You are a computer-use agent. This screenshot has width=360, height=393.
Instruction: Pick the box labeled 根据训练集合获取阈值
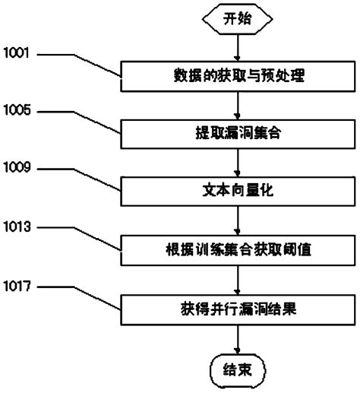click(x=238, y=248)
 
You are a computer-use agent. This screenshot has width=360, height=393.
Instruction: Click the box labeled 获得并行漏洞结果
click(x=238, y=309)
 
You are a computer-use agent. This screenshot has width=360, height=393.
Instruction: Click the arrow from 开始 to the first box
click(x=238, y=48)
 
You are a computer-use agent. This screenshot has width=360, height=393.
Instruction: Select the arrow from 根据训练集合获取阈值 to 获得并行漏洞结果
click(x=238, y=278)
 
